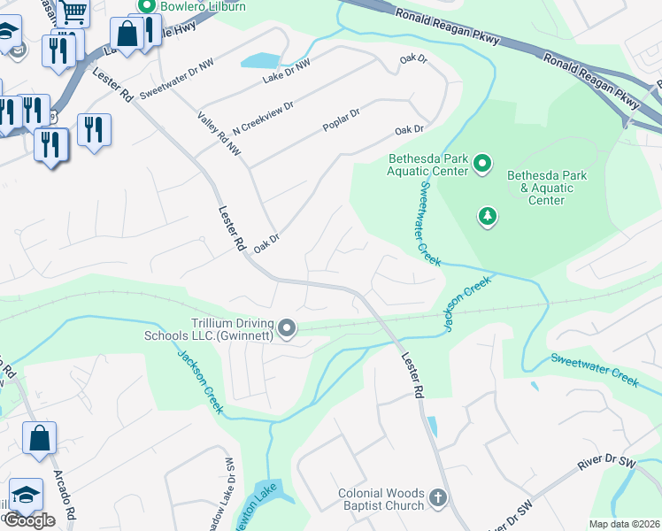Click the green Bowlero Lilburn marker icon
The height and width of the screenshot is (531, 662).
click(139, 5)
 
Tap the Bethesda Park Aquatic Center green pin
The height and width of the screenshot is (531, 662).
click(482, 163)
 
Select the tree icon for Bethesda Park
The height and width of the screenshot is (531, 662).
click(487, 216)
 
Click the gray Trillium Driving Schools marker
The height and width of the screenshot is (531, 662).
click(287, 329)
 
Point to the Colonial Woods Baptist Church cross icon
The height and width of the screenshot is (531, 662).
click(437, 499)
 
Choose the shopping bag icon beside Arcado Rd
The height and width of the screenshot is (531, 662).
click(40, 439)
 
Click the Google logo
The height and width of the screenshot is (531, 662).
click(29, 520)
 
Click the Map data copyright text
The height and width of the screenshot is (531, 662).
click(624, 524)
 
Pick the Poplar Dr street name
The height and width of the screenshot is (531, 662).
click(342, 120)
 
